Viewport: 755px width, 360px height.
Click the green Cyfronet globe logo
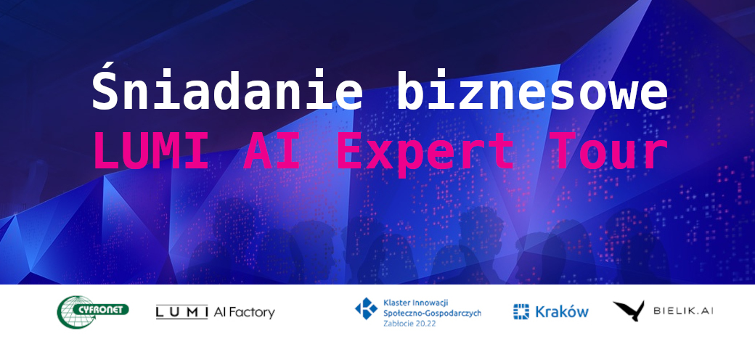pyautogui.click(x=92, y=312)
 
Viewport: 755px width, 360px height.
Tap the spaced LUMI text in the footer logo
pyautogui.click(x=181, y=312)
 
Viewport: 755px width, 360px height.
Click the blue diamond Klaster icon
pyautogui.click(x=366, y=308)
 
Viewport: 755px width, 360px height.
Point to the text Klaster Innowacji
pyautogui.click(x=416, y=303)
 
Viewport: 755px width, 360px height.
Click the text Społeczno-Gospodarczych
pyautogui.click(x=433, y=313)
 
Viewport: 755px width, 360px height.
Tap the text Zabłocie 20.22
pyautogui.click(x=407, y=324)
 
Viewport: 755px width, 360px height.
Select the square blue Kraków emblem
pyautogui.click(x=521, y=311)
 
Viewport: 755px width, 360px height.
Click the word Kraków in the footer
pyautogui.click(x=561, y=311)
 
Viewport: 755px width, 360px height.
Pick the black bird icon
pyautogui.click(x=629, y=311)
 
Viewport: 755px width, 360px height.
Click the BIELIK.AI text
pyautogui.click(x=683, y=311)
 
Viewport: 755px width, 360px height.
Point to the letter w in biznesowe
pyautogui.click(x=623, y=97)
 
